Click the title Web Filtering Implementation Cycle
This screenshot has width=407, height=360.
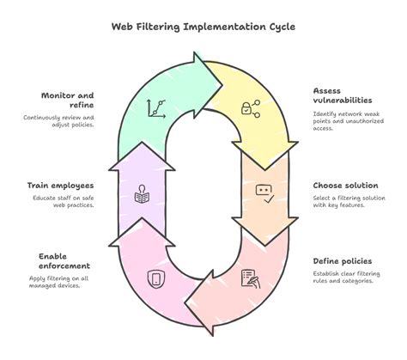pyautogui.click(x=203, y=26)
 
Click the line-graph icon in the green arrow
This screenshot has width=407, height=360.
pyautogui.click(x=155, y=108)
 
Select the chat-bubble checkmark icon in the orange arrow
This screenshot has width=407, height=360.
pyautogui.click(x=265, y=193)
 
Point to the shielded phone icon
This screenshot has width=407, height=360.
pyautogui.click(x=156, y=278)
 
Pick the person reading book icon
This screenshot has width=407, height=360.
pyautogui.click(x=143, y=193)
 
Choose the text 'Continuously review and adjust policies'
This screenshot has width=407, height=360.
pyautogui.click(x=60, y=120)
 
